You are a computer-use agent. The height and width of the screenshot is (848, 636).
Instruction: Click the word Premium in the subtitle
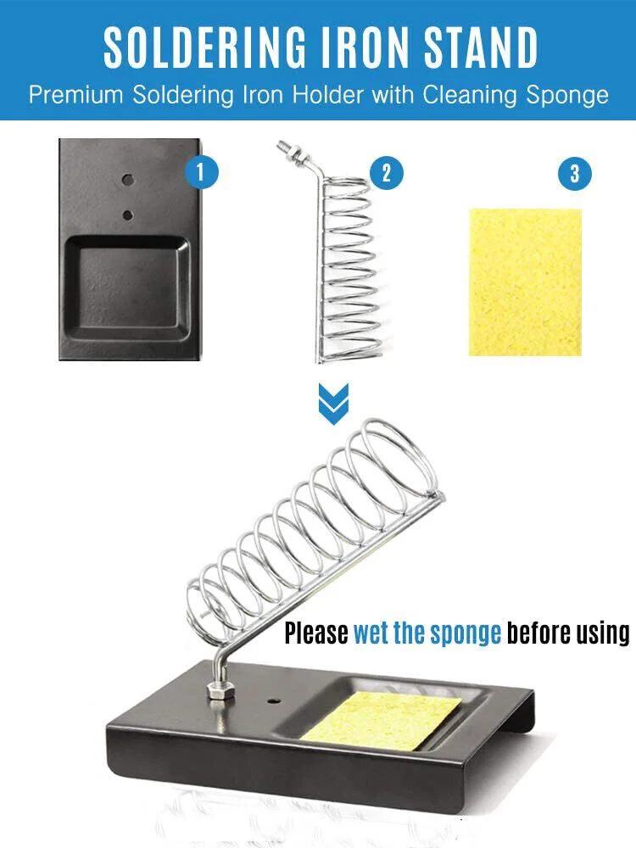pos(76,95)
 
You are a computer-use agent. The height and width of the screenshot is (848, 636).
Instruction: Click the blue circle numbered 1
pos(201,172)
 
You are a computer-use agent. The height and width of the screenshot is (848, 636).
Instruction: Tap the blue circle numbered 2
pos(386,173)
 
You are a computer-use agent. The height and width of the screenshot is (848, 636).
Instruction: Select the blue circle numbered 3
pos(574,174)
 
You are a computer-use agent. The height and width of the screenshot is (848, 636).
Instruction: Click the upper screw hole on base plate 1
pos(128,179)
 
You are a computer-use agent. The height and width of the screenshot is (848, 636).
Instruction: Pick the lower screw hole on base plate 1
pos(128,215)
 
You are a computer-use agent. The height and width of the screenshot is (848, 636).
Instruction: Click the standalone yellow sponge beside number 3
pos(525,282)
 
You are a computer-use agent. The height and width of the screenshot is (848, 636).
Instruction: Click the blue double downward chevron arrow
pos(333,404)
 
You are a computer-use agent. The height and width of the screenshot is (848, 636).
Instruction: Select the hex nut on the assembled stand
pos(220,691)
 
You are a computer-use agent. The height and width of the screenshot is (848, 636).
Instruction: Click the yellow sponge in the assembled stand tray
pos(382,721)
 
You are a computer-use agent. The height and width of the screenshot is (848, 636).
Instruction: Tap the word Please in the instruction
pos(316,633)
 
